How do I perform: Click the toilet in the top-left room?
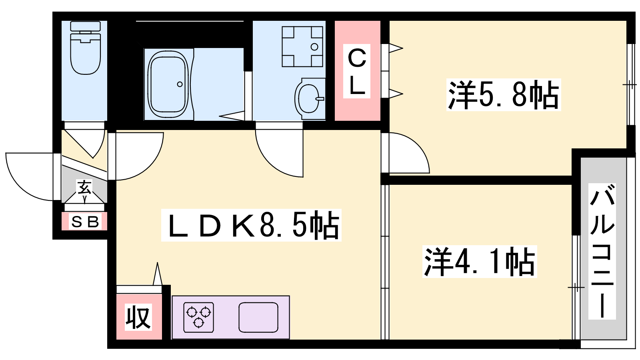86,48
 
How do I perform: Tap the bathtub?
168,84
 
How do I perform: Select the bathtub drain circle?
180,84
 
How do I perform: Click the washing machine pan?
302,46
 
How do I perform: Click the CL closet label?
357,72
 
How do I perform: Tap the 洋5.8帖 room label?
504,94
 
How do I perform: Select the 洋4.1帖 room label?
480,262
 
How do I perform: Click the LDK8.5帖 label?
252,225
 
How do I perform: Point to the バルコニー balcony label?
602,252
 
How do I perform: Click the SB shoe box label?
85,222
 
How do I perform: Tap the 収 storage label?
138,317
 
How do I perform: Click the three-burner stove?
198,317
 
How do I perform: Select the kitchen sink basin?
258,318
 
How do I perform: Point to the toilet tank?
86,26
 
